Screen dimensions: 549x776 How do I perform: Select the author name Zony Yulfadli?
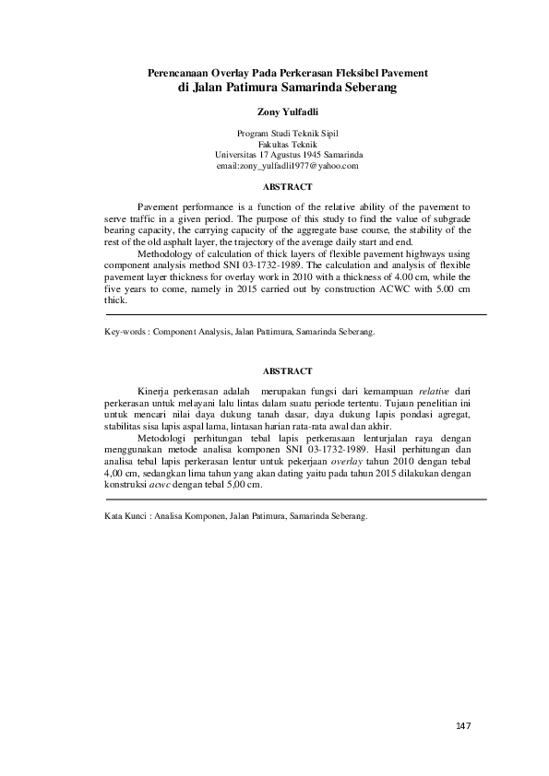288,112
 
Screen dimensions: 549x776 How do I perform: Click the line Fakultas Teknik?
288,145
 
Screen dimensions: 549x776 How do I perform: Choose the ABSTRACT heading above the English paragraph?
288,187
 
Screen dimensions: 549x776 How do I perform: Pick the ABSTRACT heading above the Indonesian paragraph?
288,370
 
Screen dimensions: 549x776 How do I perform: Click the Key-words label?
125,329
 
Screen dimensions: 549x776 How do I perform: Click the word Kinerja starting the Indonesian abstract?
153,392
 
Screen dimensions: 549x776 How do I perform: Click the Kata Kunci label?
127,517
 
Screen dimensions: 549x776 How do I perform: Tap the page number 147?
463,727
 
